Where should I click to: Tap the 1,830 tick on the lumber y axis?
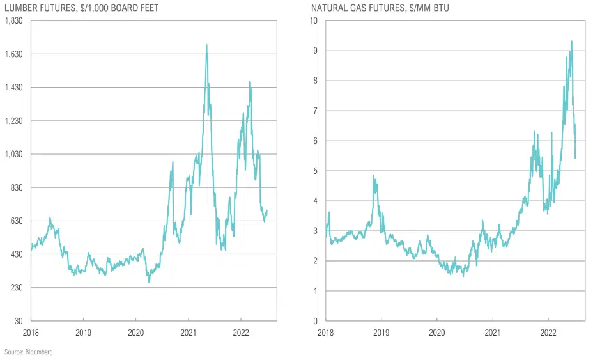[x=13, y=20]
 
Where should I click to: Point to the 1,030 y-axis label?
[x=13, y=154]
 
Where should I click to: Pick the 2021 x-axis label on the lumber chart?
[x=188, y=333]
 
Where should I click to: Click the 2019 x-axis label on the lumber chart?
[x=83, y=333]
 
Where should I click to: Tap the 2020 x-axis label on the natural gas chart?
[x=436, y=333]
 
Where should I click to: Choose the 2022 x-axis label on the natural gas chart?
[x=548, y=333]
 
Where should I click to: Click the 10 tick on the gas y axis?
[x=314, y=20]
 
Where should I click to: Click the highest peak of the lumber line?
[x=206, y=45]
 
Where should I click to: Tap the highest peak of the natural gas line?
[x=571, y=42]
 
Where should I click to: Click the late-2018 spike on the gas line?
[x=374, y=176]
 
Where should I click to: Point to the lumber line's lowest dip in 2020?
[x=149, y=281]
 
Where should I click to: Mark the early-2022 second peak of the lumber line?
[x=250, y=82]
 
